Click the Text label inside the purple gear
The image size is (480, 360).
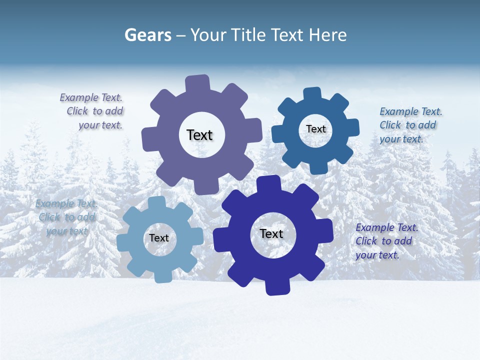pyautogui.click(x=199, y=135)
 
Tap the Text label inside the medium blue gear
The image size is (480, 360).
pyautogui.click(x=315, y=129)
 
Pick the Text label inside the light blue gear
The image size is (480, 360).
pyautogui.click(x=159, y=238)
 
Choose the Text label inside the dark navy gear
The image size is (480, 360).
pyautogui.click(x=271, y=233)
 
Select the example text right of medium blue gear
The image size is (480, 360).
pyautogui.click(x=409, y=125)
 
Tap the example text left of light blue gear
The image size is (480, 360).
pyautogui.click(x=66, y=217)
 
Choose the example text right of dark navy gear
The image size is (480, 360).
pyautogui.click(x=385, y=241)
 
